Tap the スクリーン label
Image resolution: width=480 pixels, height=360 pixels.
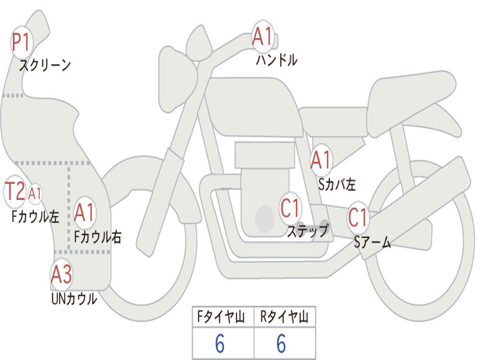click(45, 65)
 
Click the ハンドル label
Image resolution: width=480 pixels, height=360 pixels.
click(277, 60)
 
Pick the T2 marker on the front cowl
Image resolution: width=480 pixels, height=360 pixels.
click(15, 191)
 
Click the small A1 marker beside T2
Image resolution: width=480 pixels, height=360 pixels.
click(36, 193)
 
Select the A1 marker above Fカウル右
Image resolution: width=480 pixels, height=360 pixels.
click(85, 213)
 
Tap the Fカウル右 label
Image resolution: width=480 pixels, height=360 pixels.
click(98, 237)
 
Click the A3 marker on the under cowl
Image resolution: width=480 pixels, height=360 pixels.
click(61, 275)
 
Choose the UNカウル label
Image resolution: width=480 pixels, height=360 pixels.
click(74, 299)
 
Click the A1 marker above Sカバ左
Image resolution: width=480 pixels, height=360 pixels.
click(322, 160)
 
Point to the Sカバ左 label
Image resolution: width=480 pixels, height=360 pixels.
click(337, 184)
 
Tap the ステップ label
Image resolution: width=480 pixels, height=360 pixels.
click(307, 231)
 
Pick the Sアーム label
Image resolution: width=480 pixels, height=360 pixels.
click(372, 242)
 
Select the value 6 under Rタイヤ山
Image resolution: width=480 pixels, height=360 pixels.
click(281, 345)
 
